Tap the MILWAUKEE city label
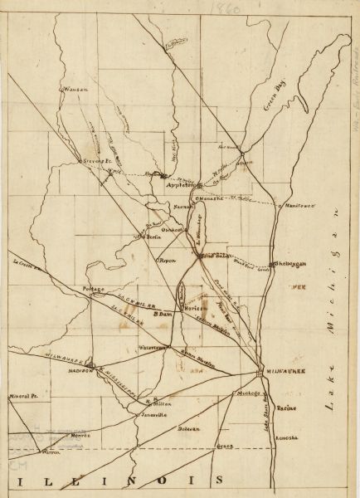[x=287, y=369]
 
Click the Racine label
[x=286, y=409]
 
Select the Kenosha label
[x=285, y=437]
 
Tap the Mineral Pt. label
[x=25, y=398]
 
